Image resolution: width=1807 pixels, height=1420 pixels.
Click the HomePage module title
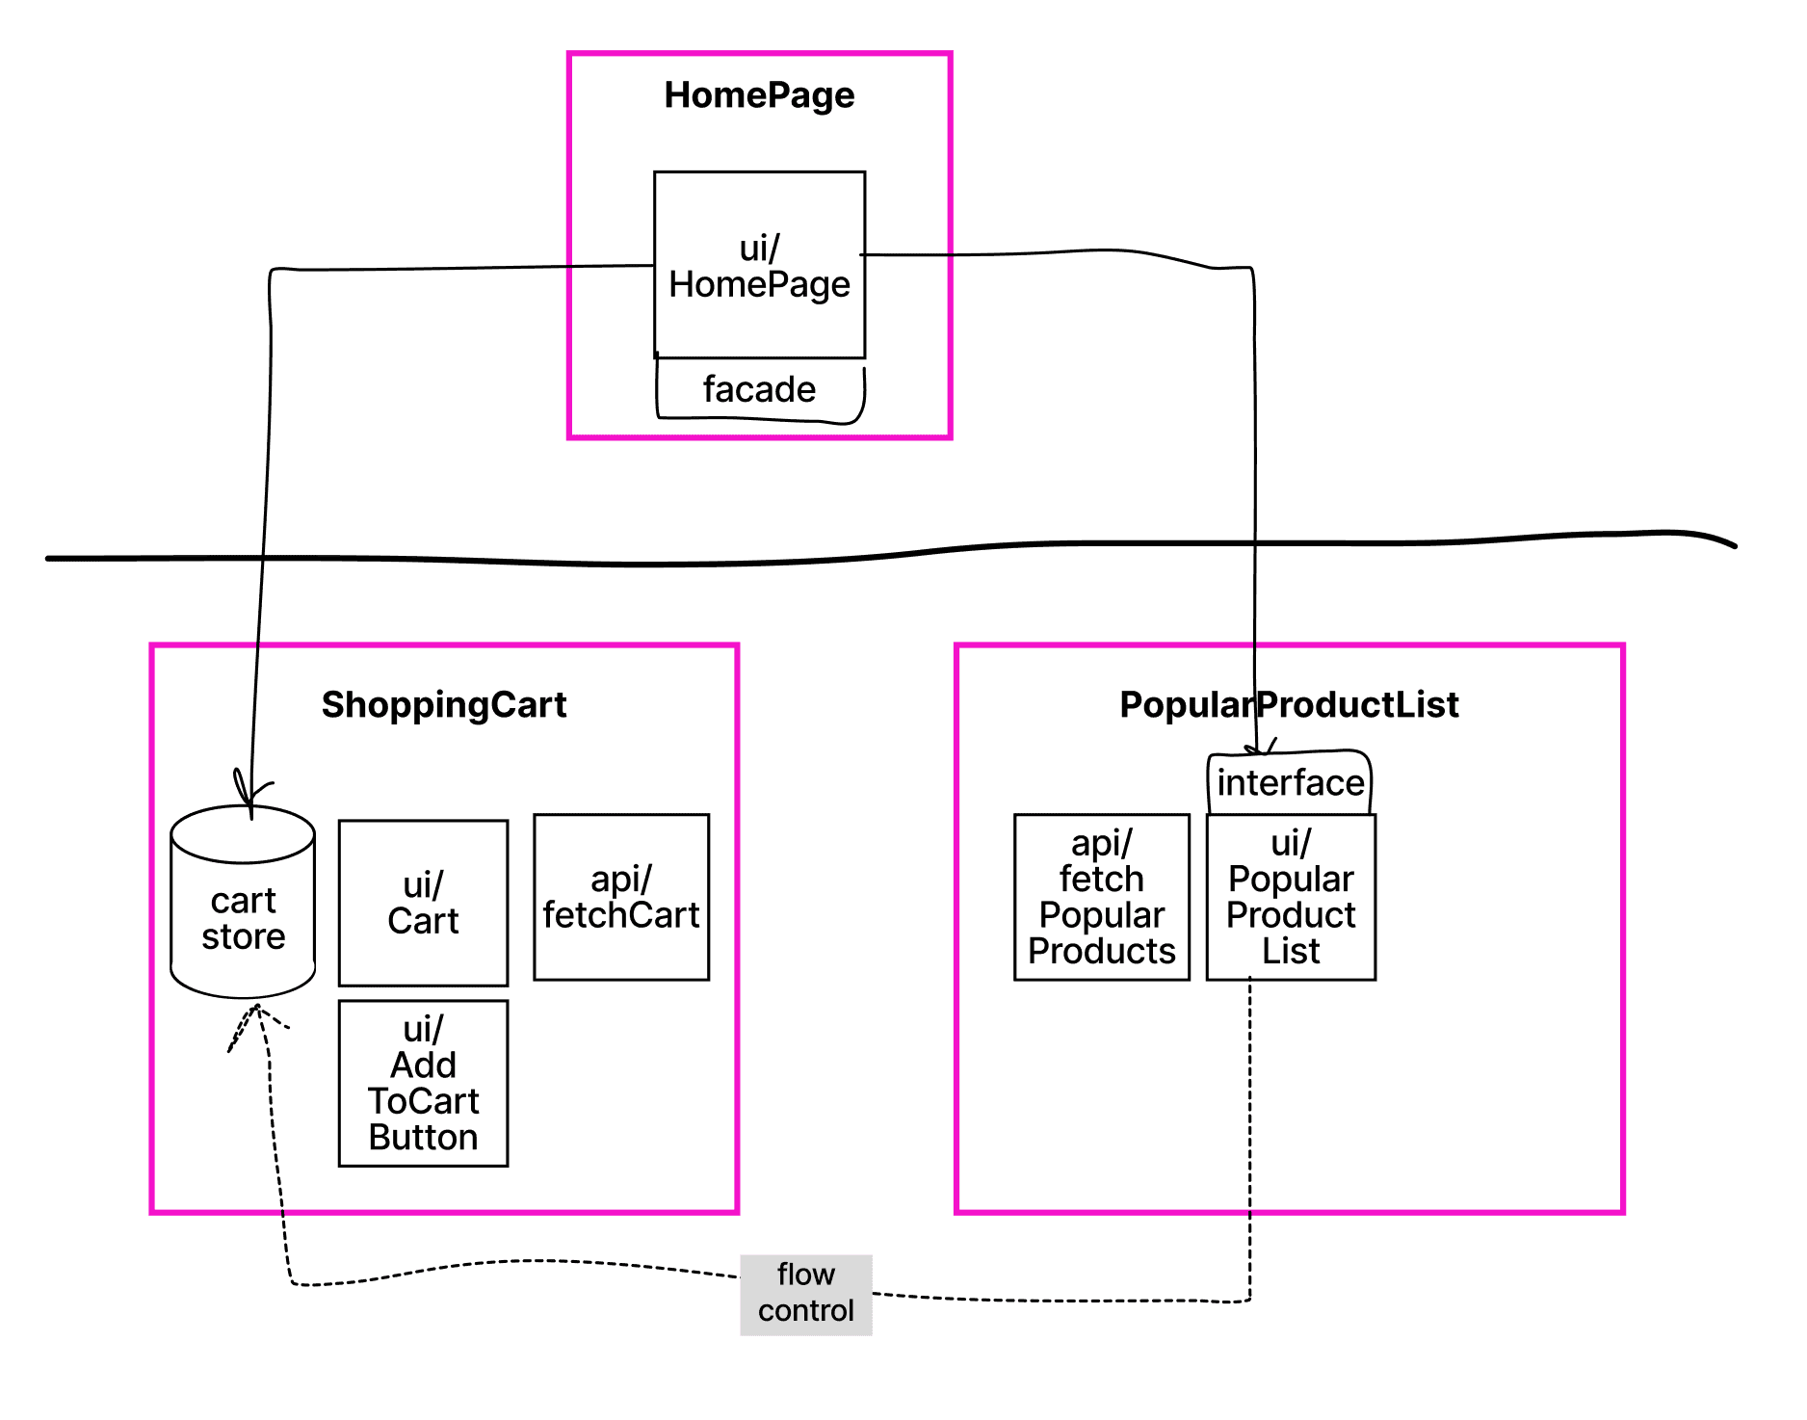(759, 95)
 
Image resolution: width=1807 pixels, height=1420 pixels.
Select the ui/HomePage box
(759, 265)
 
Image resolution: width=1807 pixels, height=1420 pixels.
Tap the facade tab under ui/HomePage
(759, 389)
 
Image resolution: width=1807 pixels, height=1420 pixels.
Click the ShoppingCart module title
(444, 704)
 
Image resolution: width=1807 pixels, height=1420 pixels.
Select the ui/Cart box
(423, 903)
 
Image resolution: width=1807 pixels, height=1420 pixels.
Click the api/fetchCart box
(621, 897)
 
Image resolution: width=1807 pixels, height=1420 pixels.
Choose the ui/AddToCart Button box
(423, 1083)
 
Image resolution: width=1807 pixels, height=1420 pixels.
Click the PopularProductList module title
(1289, 704)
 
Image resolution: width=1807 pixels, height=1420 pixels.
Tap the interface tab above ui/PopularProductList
(1290, 782)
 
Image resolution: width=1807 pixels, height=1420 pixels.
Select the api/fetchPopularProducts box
(1102, 897)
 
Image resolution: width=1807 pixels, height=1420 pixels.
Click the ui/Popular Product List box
(1291, 897)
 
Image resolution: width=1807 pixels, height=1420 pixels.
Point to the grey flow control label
(805, 1294)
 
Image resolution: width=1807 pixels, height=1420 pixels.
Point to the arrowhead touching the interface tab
(1258, 749)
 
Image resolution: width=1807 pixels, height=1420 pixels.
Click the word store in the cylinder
(243, 936)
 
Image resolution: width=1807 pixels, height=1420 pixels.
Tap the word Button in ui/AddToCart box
(423, 1138)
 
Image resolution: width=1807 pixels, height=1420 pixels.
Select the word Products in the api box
(1102, 952)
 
